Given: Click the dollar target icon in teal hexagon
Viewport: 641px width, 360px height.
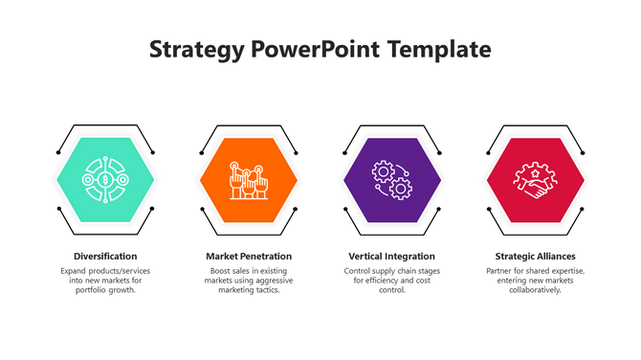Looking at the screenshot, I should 105,179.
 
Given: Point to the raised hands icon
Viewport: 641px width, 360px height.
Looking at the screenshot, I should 249,179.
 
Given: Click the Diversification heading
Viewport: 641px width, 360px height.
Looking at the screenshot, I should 105,257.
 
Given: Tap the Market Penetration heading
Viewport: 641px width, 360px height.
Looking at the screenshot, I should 249,257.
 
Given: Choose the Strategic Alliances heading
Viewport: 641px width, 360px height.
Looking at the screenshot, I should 535,257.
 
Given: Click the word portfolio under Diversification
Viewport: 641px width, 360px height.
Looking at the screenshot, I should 93,290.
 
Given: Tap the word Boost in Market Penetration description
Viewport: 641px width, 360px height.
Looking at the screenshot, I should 221,271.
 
